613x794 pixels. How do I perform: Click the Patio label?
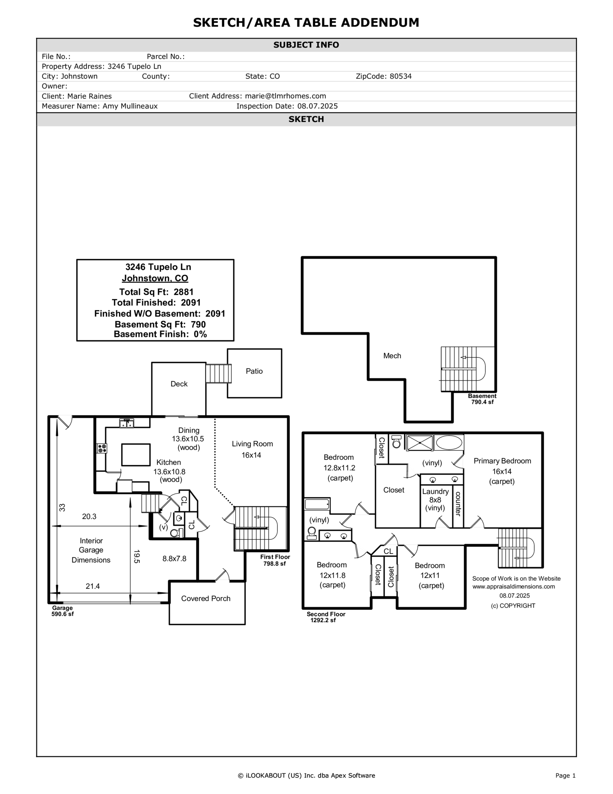[x=254, y=371]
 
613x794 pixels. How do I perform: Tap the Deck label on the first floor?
[x=179, y=384]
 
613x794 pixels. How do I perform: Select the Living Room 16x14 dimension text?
[x=251, y=455]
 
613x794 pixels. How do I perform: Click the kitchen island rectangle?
[x=136, y=454]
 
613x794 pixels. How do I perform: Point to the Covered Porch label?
[x=206, y=598]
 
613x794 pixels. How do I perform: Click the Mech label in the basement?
[x=392, y=356]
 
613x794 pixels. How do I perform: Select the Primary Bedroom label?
[x=502, y=461]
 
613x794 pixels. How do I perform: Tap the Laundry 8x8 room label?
[x=435, y=496]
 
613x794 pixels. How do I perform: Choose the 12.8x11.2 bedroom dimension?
[x=339, y=468]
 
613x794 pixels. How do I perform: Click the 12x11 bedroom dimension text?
[x=429, y=575]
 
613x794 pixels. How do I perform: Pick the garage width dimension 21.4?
[x=93, y=586]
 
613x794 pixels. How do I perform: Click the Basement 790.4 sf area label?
[x=482, y=399]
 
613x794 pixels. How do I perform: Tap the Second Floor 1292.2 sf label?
[x=326, y=617]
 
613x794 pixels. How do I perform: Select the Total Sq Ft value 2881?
[x=184, y=292]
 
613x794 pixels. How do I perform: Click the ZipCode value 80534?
[x=400, y=76]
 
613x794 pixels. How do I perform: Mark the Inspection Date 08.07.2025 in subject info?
[x=317, y=106]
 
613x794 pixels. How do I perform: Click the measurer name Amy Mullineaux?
[x=130, y=106]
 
